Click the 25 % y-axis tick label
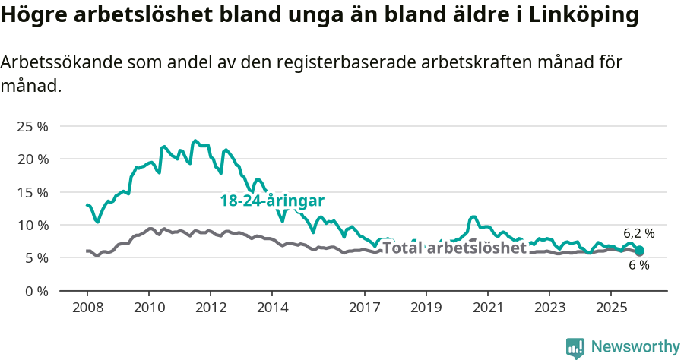[32, 126]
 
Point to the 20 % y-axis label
[32, 159]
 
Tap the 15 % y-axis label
[32, 192]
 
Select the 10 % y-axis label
[32, 225]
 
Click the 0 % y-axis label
[36, 291]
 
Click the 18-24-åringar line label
[272, 201]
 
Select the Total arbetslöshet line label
[454, 248]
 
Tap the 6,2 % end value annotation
[638, 233]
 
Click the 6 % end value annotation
[638, 265]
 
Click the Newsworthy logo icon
[575, 348]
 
